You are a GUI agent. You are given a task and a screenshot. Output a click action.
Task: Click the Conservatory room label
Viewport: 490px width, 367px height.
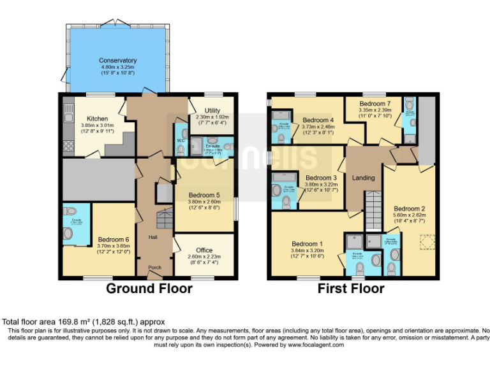point(118,61)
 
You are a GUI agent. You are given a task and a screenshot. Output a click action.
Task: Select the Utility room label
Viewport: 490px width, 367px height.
point(211,110)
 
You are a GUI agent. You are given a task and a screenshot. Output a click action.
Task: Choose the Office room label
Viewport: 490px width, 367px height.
point(204,250)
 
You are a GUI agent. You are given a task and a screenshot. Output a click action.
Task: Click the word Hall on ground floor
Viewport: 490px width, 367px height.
point(153,237)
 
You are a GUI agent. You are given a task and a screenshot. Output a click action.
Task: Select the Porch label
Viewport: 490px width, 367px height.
point(154,267)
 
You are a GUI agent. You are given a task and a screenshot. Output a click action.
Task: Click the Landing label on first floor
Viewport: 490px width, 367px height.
point(364,178)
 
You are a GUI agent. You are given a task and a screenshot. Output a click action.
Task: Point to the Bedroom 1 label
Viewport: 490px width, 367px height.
point(308,243)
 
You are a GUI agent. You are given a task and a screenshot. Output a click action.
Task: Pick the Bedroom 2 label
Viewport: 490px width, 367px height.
point(409,208)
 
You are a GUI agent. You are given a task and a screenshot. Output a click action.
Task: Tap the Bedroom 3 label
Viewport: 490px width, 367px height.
point(321,178)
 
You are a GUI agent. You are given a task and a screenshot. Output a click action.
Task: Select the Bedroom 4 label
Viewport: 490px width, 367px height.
point(318,120)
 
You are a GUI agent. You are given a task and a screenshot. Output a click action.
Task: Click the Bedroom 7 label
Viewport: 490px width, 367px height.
point(375,103)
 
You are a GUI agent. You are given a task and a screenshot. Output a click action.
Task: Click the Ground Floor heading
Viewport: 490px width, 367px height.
point(149,289)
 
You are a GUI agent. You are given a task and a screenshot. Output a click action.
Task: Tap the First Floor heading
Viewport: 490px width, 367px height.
point(352,289)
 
